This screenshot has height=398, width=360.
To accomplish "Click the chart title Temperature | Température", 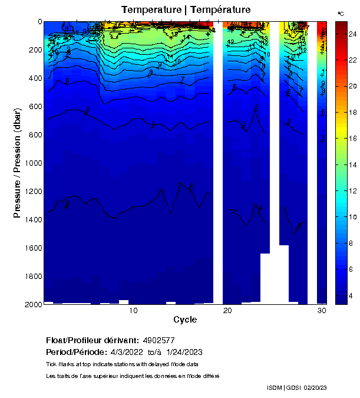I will [x=186, y=9].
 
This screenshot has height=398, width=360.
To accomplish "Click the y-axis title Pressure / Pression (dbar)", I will [x=17, y=163].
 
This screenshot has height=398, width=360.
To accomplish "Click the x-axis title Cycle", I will [x=185, y=320].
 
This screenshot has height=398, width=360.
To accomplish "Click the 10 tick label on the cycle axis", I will [x=134, y=311].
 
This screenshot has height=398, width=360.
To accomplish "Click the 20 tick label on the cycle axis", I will [x=227, y=311].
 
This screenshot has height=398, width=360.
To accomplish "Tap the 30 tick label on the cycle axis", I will [x=322, y=311].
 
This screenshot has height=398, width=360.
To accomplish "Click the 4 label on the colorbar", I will [x=351, y=295].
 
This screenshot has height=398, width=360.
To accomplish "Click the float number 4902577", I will [x=159, y=340].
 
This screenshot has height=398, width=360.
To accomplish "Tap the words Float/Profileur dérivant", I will [x=91, y=340].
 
